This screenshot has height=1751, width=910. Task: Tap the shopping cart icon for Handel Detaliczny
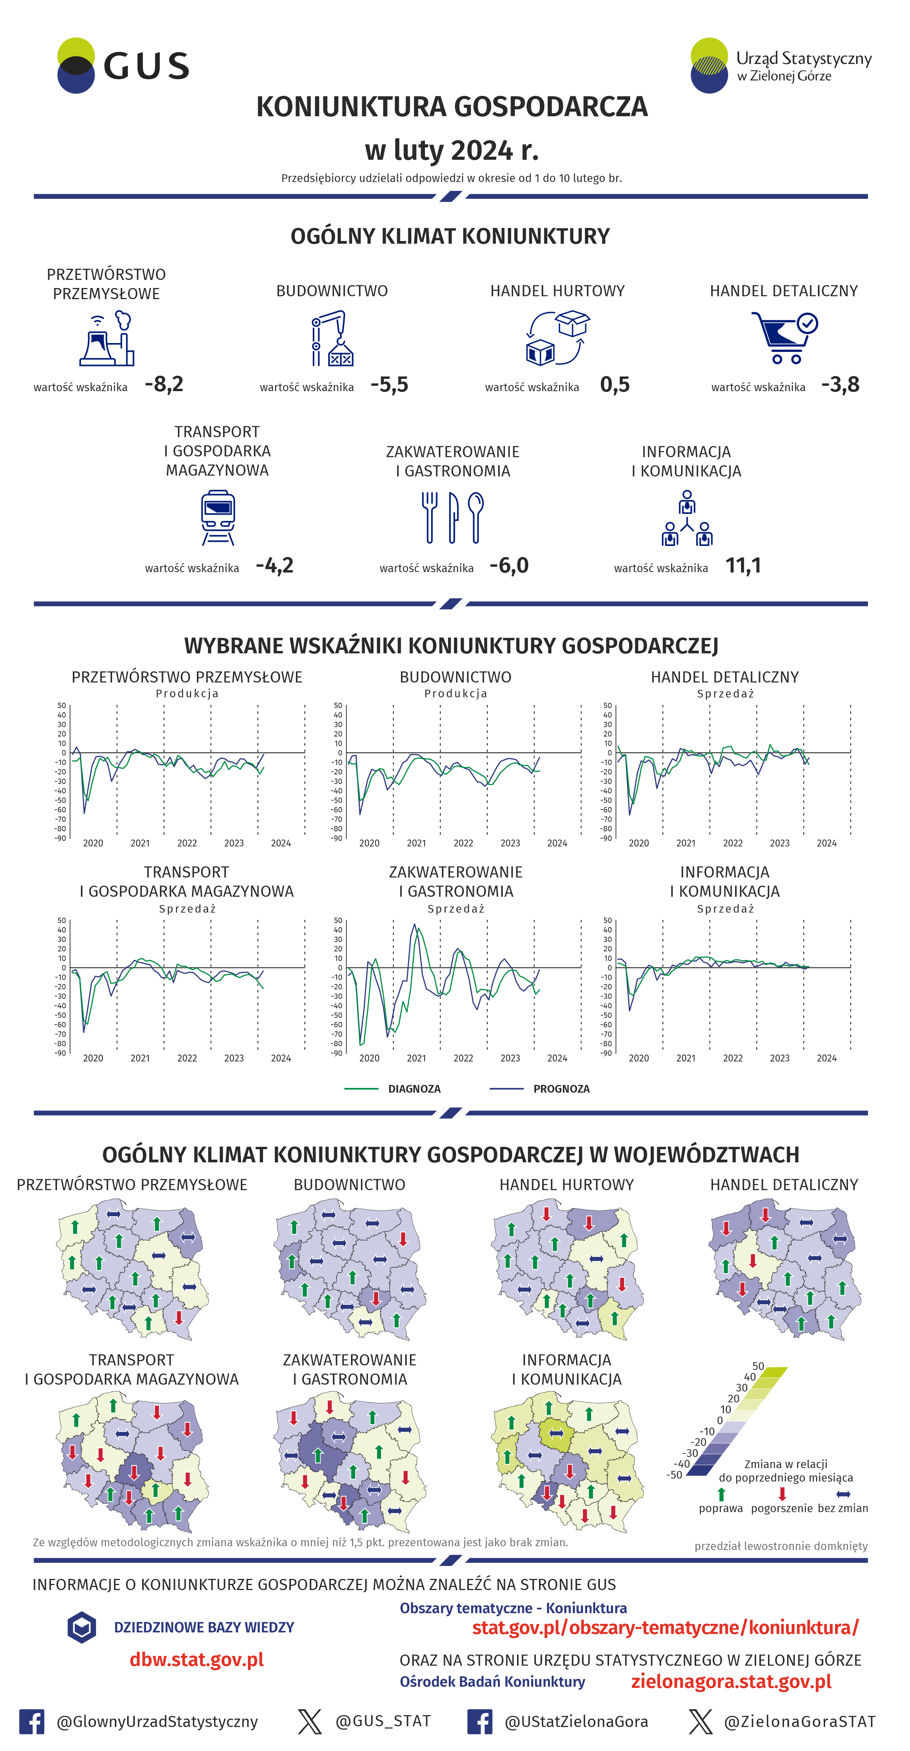[x=784, y=337]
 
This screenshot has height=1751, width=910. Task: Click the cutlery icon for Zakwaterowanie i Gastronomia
[x=452, y=517]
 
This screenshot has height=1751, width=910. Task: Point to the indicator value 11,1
[x=743, y=566]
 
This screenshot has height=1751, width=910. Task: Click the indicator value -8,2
[x=164, y=385]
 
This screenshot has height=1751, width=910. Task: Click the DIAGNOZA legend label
[x=414, y=1089]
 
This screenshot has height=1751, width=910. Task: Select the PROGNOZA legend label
[x=561, y=1089]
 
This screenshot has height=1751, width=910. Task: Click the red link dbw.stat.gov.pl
[x=196, y=1659]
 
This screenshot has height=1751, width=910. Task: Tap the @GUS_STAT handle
[x=383, y=1721]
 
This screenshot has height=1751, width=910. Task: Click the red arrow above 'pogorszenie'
[x=782, y=1493]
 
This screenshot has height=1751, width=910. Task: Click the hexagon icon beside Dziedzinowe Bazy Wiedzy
[x=82, y=1627]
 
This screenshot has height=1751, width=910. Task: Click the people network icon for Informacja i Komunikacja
[x=687, y=519]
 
